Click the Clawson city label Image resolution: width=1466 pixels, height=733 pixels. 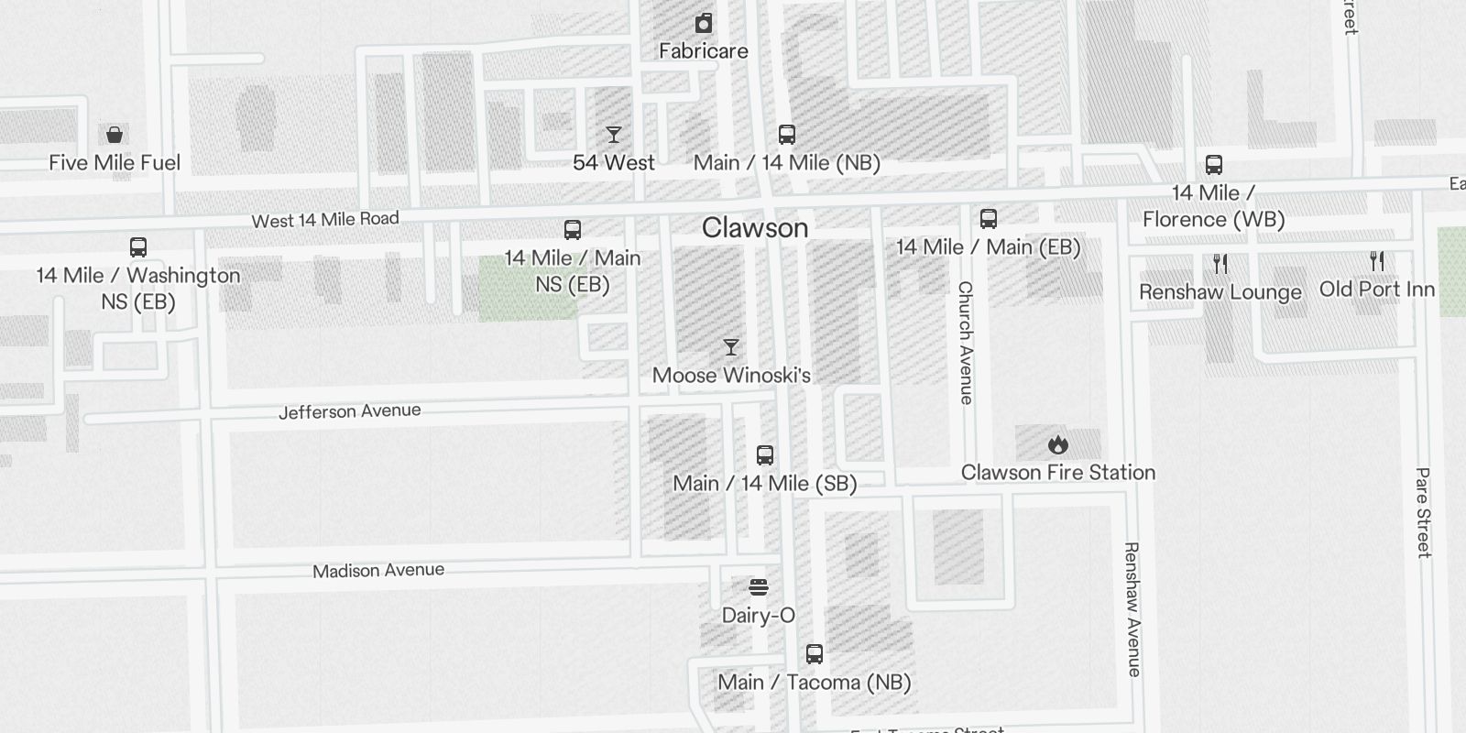[x=755, y=228]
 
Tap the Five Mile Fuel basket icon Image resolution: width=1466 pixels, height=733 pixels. [x=115, y=136]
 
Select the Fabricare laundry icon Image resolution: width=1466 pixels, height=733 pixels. [x=704, y=23]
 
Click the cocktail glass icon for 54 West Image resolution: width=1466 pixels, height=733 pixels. [x=614, y=136]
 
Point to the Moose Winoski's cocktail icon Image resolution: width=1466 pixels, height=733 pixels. [x=731, y=347]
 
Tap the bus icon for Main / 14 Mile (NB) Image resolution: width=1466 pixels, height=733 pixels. [x=787, y=136]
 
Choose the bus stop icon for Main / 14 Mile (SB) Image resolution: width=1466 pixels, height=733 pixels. [x=765, y=455]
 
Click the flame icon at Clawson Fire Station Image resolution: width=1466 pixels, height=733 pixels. [x=1058, y=445]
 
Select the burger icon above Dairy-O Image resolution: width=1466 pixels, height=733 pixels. [x=759, y=587]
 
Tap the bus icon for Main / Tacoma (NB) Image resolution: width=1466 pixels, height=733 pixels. [x=815, y=654]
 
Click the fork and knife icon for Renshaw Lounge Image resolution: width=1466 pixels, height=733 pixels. [x=1220, y=264]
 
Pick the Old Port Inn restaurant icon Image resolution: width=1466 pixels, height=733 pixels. [x=1377, y=261]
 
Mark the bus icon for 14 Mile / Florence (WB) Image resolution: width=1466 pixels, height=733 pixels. [x=1214, y=165]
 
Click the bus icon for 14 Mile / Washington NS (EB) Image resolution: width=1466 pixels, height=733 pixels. [x=138, y=247]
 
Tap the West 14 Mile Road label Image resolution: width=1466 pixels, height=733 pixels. [x=325, y=220]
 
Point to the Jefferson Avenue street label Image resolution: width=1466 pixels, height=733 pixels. [x=350, y=411]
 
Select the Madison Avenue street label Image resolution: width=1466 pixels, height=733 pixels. [x=378, y=571]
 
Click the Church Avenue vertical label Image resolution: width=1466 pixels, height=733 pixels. [x=966, y=343]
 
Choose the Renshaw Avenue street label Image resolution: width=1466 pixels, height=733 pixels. [x=1133, y=609]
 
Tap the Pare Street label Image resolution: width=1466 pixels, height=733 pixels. [x=1423, y=512]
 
